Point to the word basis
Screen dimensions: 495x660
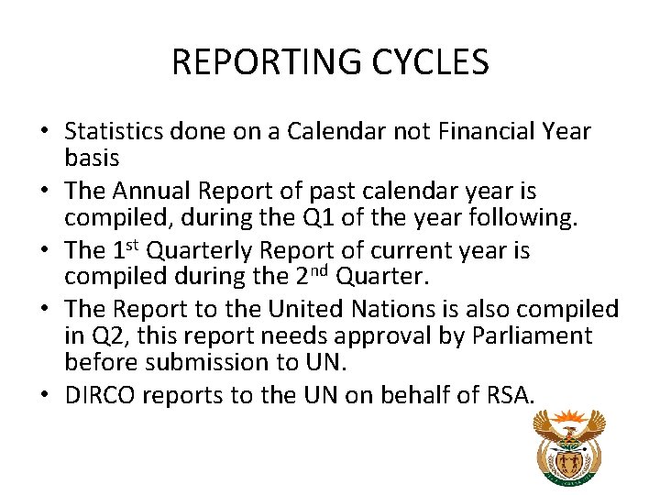coord(92,158)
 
